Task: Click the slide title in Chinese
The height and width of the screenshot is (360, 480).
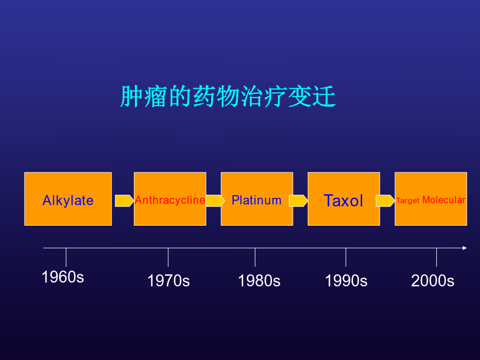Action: pos(228,97)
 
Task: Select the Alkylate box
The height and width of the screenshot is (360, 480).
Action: pos(68,199)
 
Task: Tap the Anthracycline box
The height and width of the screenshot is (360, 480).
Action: pos(170,199)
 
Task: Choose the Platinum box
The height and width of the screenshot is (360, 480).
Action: pos(257,199)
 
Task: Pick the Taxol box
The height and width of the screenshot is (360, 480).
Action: pos(344,199)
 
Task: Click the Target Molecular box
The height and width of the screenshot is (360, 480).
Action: pos(431,199)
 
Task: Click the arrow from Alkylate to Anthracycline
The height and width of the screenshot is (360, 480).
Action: pos(124,201)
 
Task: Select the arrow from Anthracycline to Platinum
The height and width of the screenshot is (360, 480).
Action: pos(215,201)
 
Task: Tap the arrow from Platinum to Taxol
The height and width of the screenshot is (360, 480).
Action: pos(298,201)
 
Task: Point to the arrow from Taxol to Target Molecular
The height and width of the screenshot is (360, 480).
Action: pos(385,201)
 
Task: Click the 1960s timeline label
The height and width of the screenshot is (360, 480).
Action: pos(63,277)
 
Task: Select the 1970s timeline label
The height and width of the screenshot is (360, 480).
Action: pos(169,281)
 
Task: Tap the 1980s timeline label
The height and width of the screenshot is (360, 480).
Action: pos(259,281)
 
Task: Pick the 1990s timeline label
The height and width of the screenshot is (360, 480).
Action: pos(346,281)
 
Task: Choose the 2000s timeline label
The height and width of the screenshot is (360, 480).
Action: pos(433,281)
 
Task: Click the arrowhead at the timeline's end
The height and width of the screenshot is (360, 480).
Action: pos(465,248)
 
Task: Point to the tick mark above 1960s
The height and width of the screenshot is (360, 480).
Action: pos(66,257)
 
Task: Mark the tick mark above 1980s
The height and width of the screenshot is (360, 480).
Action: pos(255,257)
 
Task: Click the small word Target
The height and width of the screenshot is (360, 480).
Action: pos(408,201)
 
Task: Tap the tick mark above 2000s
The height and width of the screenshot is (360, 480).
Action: pos(436,257)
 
